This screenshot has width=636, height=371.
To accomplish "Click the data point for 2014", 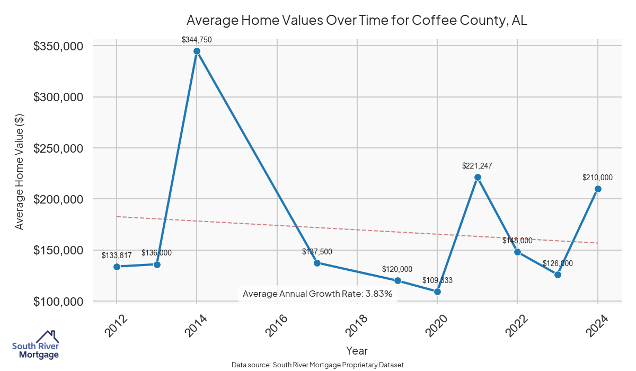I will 197,51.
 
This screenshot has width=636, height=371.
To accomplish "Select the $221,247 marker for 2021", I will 478,177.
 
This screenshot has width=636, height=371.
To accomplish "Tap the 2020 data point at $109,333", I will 437,291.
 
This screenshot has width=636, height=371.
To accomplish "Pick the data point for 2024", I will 598,189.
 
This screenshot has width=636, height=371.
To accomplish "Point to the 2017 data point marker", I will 317,263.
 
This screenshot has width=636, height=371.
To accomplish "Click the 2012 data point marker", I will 117,267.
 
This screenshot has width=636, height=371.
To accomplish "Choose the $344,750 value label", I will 197,40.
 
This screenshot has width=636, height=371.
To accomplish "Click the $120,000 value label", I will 397,269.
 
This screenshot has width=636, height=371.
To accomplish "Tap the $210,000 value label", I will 597,178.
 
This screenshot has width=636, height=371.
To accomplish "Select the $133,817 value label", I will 117,255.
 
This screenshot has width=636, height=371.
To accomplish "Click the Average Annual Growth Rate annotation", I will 317,294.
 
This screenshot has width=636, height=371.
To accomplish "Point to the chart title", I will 357,21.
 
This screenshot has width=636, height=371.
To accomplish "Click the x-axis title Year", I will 357,350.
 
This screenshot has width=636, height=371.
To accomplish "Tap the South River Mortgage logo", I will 36,345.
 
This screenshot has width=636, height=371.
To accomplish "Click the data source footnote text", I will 318,365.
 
